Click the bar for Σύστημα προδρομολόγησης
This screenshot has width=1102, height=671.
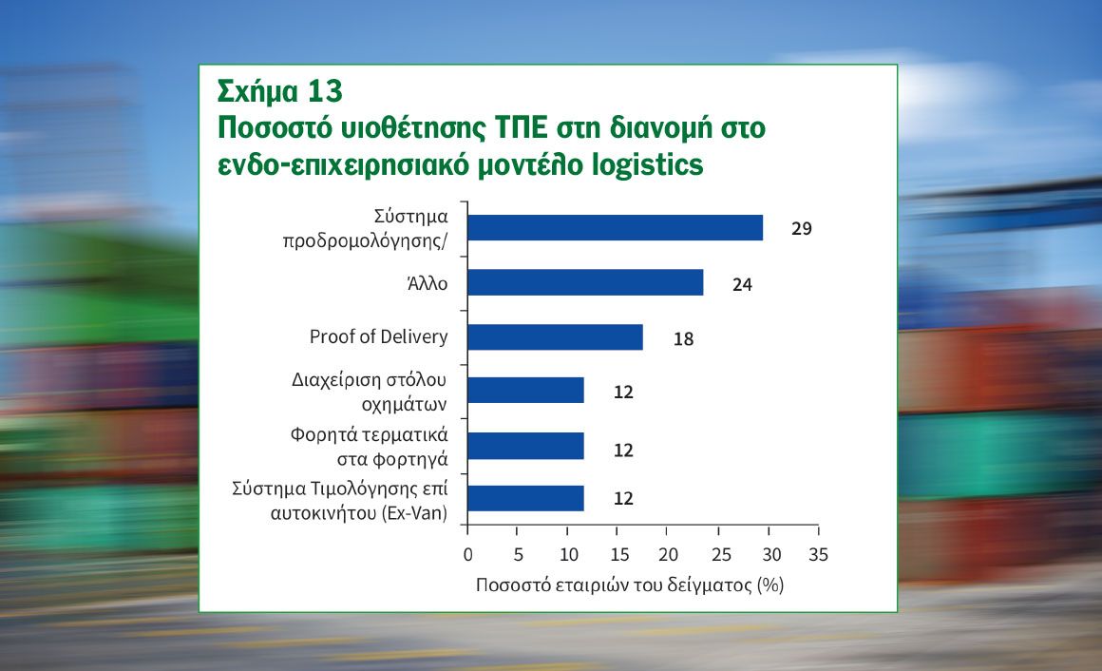click(x=616, y=228)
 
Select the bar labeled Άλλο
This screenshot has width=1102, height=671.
click(x=585, y=282)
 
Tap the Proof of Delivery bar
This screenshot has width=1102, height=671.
click(x=555, y=336)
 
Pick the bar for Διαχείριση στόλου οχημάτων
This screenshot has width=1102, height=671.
click(x=525, y=391)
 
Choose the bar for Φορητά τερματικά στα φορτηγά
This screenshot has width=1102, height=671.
click(x=525, y=446)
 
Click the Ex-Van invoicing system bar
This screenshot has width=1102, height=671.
click(x=525, y=498)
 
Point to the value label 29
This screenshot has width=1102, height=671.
click(x=801, y=229)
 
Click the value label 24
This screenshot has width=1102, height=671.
click(x=742, y=284)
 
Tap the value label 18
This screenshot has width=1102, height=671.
click(x=683, y=339)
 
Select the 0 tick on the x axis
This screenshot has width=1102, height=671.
click(x=468, y=555)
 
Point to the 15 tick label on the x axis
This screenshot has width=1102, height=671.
click(x=619, y=555)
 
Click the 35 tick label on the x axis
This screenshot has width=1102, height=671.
click(x=818, y=555)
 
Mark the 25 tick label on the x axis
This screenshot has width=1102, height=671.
click(x=721, y=555)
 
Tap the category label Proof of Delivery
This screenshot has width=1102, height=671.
click(x=378, y=336)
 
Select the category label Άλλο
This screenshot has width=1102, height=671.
click(x=427, y=282)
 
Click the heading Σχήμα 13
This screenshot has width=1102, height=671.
click(x=279, y=91)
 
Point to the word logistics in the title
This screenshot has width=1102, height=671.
click(x=647, y=164)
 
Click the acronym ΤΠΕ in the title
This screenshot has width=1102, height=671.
click(x=521, y=128)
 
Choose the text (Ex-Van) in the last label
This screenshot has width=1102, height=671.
click(x=414, y=513)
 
